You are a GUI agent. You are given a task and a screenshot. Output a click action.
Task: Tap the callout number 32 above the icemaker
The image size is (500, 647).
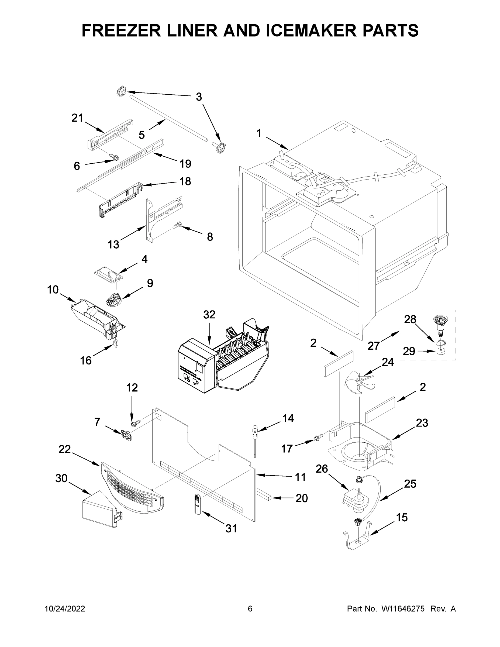click(209, 315)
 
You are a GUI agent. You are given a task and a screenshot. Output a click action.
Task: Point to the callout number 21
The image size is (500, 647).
click(77, 118)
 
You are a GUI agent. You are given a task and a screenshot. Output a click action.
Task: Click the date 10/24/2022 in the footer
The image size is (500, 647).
click(65, 609)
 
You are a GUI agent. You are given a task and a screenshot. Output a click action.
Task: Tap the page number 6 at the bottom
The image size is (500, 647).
click(250, 609)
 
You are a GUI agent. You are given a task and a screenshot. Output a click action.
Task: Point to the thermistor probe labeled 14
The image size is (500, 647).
click(255, 437)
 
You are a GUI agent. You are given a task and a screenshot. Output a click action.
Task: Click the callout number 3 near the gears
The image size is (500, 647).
click(199, 97)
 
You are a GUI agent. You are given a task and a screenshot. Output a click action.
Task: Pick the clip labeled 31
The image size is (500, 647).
click(198, 503)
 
